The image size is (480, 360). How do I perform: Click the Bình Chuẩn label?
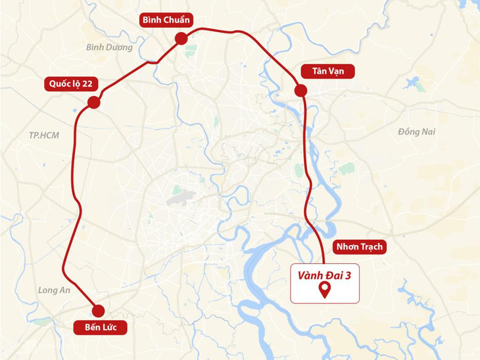166,20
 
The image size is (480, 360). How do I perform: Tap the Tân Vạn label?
327,72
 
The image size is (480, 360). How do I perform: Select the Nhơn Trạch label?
358,247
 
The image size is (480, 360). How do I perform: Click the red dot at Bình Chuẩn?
181,40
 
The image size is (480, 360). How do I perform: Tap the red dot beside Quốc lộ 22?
93,102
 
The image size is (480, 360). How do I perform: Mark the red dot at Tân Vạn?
300,90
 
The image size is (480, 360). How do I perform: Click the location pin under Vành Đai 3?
324,290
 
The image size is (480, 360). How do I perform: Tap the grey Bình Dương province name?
109,47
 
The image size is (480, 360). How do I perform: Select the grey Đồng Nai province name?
416,132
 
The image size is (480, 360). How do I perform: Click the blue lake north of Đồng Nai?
414,84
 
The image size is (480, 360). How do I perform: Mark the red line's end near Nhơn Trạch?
323,262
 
